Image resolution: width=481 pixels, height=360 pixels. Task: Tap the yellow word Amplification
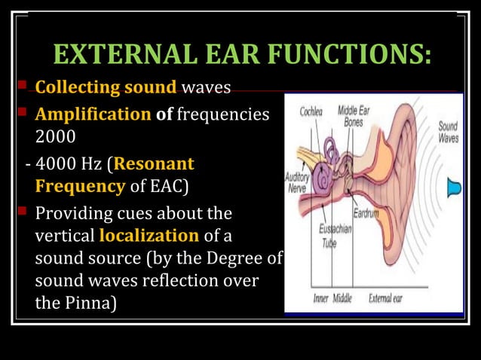tap(93, 115)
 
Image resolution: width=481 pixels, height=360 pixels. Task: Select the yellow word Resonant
tap(155, 163)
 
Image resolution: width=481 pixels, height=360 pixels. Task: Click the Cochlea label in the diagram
tap(313, 111)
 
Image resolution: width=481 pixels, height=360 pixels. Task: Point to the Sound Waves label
tap(448, 133)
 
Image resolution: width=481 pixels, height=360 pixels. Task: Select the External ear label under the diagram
tap(385, 298)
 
